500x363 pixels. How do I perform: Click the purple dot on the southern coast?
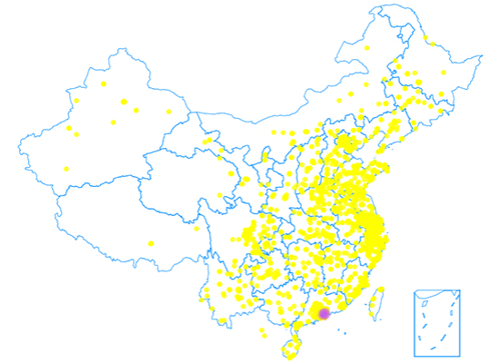tap(325, 314)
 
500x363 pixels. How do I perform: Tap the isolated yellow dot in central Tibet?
tap(151, 243)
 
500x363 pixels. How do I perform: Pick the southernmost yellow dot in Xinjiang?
tap(66, 169)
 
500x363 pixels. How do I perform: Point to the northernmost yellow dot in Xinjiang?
tap(104, 83)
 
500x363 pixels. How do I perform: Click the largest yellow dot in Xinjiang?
tap(124, 102)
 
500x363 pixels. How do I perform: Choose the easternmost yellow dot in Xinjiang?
tap(168, 112)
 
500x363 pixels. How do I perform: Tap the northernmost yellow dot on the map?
tap(429, 40)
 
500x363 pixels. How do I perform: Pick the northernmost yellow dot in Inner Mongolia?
tap(367, 48)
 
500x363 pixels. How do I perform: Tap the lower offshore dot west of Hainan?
tap(265, 336)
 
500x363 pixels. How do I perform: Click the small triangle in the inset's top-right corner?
tap(455, 294)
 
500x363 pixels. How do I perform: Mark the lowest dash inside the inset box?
tap(434, 348)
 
